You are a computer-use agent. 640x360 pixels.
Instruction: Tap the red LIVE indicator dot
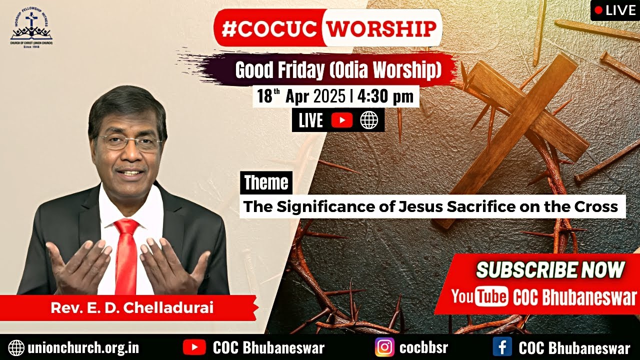(x=598, y=10)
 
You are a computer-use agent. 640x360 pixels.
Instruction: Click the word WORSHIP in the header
(x=382, y=28)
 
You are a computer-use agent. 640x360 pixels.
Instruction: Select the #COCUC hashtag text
(x=269, y=28)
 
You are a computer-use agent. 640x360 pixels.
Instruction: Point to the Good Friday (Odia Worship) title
(x=338, y=71)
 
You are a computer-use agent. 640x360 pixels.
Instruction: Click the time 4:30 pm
(x=385, y=96)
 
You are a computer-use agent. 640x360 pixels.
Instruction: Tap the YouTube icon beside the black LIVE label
(x=341, y=120)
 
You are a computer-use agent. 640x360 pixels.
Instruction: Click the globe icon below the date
(x=369, y=120)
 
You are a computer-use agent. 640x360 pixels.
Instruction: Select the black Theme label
(x=266, y=183)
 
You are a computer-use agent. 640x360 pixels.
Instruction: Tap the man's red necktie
(x=126, y=255)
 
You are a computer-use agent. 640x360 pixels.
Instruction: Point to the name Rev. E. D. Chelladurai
(x=132, y=307)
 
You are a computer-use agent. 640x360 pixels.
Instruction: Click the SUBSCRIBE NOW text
(x=550, y=270)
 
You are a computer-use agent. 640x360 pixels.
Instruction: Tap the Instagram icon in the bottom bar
(x=384, y=347)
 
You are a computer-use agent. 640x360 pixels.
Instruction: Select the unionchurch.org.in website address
(x=83, y=348)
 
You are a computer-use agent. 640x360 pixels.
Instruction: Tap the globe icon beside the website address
(x=16, y=347)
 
